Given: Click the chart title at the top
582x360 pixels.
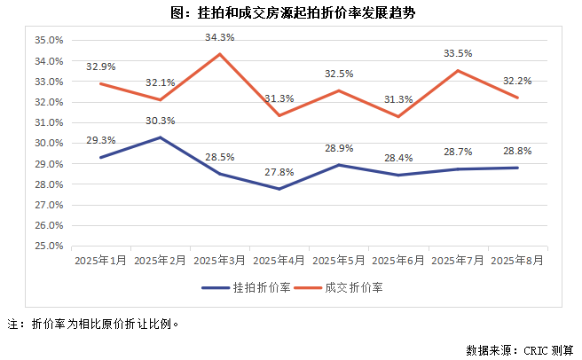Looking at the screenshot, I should pos(290,13).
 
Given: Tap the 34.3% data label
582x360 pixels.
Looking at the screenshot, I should pos(219,37).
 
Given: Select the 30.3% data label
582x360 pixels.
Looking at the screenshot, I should pos(160,121).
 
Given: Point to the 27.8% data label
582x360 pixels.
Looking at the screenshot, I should pos(279,172).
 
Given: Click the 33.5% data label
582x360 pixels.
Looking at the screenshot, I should pos(458,54).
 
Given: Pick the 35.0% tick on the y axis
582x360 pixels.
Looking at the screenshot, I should pos(48,41).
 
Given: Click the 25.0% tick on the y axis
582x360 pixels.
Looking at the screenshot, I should pos(48,246).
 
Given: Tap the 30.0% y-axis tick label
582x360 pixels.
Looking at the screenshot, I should pos(48,144).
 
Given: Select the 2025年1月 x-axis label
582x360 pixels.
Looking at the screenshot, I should pos(100,262).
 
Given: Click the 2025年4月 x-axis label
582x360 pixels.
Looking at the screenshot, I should pos(279,262).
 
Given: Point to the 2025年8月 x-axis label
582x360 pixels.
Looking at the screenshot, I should pos(517,262).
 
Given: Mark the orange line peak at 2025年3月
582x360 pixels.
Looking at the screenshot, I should pos(219,54).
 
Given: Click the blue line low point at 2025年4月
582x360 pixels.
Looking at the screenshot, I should pos(279,189).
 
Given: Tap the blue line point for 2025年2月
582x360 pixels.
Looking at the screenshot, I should pos(160,137).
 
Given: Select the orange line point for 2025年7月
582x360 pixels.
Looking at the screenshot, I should pos(458,71).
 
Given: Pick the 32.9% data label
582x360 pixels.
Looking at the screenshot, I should pos(100,67).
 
